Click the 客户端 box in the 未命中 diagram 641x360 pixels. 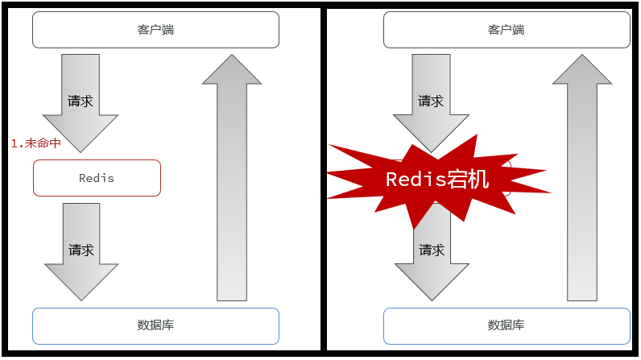coord(155,30)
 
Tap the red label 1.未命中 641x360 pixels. coord(35,143)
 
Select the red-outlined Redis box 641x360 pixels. coord(97,178)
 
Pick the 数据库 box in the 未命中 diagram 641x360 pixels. coord(155,325)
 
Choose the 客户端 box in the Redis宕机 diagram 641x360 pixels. coord(507,30)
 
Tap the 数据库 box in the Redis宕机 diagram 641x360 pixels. coord(507,325)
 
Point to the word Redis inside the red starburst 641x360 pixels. coord(416,180)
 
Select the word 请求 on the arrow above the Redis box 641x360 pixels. coord(81,101)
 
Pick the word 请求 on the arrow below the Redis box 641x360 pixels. coord(81,250)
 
